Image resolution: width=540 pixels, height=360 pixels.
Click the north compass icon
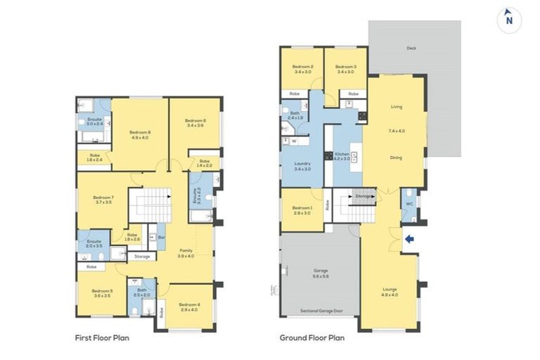pyautogui.click(x=508, y=20)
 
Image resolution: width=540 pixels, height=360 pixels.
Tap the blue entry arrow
pyautogui.click(x=411, y=239)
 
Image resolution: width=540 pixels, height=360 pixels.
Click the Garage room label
pyautogui.click(x=320, y=270)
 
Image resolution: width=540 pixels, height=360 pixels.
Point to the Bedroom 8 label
pyautogui.click(x=140, y=132)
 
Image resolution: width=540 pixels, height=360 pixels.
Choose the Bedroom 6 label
pyautogui.click(x=195, y=121)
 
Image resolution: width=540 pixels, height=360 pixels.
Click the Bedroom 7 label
pyautogui.click(x=103, y=198)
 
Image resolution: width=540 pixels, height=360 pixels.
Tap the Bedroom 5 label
pyautogui.click(x=102, y=290)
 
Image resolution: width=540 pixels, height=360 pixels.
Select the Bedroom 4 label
pyautogui.click(x=189, y=304)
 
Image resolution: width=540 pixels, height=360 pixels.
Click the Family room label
pyautogui.click(x=186, y=250)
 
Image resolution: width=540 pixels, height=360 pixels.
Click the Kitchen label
pyautogui.click(x=342, y=154)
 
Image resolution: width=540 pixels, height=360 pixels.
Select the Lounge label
pyautogui.click(x=390, y=289)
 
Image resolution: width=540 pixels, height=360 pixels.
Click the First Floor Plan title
pyautogui.click(x=101, y=337)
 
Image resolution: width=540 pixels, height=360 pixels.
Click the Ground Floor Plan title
pyautogui.click(x=311, y=337)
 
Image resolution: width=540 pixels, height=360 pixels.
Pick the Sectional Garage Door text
pyautogui.click(x=320, y=309)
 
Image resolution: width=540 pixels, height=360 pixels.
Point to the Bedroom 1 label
pyautogui.click(x=302, y=208)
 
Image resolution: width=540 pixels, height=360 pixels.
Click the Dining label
pyautogui.click(x=396, y=157)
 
